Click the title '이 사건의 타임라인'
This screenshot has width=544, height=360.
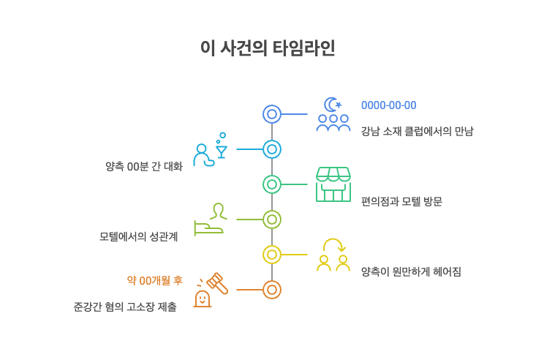tap(268, 48)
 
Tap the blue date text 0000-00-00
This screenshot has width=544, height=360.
tap(388, 105)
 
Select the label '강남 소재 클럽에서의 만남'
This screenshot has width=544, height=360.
tap(418, 131)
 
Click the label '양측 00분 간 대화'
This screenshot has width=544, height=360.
tap(144, 167)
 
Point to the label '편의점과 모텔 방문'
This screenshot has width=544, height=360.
tap(401, 201)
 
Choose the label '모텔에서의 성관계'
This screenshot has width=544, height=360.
tap(138, 237)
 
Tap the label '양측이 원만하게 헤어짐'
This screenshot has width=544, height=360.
tap(411, 271)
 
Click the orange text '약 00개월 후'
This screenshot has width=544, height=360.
tap(155, 280)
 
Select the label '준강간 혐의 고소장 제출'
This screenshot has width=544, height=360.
tap(125, 307)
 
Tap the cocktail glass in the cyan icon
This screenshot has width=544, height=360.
tap(222, 151)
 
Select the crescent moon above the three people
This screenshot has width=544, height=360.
tap(329, 104)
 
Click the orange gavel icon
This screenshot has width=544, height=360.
tap(218, 284)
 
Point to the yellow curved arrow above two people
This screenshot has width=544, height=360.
tap(333, 239)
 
